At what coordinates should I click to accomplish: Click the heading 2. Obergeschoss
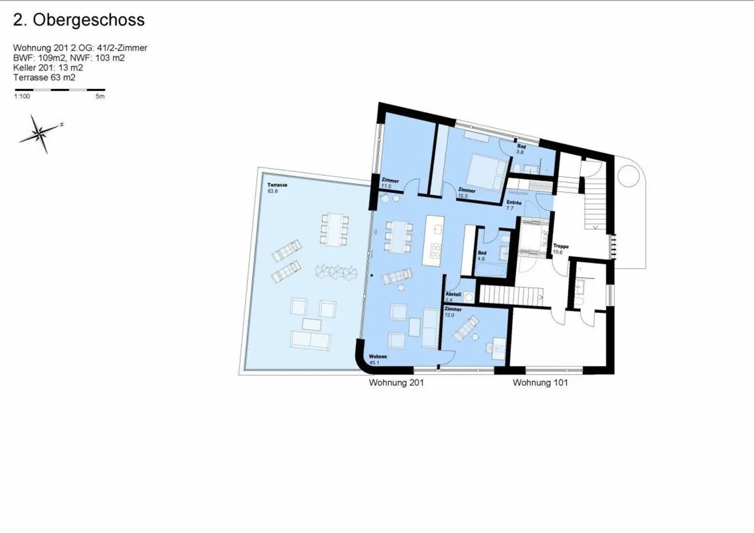79,20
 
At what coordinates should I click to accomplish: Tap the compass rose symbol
40,134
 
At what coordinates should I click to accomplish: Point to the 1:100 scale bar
60,90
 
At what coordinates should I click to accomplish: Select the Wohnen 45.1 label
377,359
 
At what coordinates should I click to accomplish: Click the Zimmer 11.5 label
390,183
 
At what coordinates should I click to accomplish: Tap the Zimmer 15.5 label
466,193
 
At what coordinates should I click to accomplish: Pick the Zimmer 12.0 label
452,312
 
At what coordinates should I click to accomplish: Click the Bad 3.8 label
520,149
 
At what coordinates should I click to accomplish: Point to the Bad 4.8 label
482,256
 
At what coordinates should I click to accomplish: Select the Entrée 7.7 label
513,205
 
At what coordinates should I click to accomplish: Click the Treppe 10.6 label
560,249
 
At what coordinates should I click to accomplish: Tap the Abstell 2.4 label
453,297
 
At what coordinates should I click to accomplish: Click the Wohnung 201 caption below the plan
396,383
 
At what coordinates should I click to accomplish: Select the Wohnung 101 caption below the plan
540,383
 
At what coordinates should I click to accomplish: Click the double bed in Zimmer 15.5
487,172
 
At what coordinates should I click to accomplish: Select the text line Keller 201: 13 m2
48,67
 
